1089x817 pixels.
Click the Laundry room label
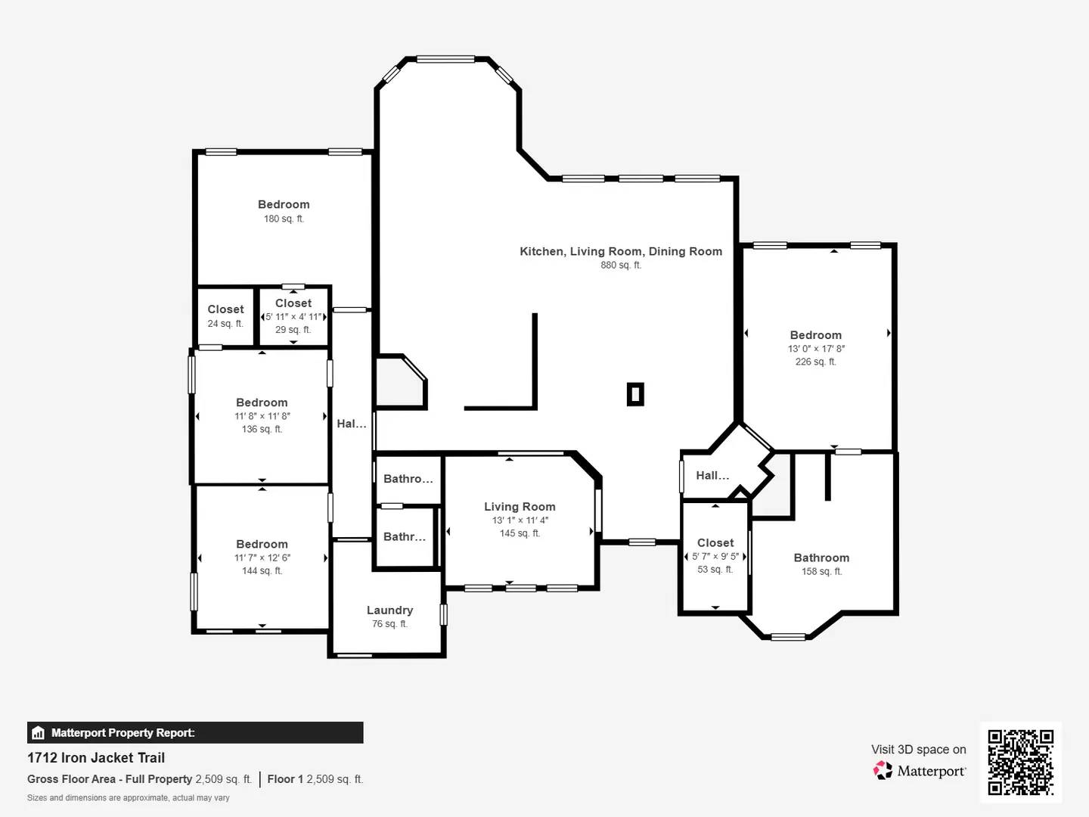[389, 610]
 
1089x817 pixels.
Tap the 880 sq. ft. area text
[621, 266]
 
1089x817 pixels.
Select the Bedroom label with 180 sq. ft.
[284, 204]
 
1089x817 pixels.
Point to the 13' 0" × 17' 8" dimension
[816, 349]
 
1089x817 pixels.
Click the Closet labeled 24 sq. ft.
[225, 309]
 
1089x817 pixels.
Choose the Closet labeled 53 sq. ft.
[715, 543]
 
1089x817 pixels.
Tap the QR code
[1020, 762]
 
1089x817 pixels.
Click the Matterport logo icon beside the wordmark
[883, 770]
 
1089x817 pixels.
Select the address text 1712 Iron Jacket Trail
[96, 757]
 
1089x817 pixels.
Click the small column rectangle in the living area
[635, 394]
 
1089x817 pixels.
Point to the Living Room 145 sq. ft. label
[520, 507]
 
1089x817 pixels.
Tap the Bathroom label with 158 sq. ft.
[821, 558]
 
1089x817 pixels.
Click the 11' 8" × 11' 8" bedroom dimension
[262, 416]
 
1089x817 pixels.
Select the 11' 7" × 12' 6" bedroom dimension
[262, 558]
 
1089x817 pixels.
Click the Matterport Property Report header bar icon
[38, 733]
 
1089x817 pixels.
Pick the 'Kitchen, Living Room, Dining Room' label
[621, 251]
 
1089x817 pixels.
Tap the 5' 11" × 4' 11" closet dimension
[293, 317]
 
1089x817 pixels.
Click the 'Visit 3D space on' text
[918, 749]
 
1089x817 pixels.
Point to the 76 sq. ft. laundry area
[389, 624]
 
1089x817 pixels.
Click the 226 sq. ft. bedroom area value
[815, 362]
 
